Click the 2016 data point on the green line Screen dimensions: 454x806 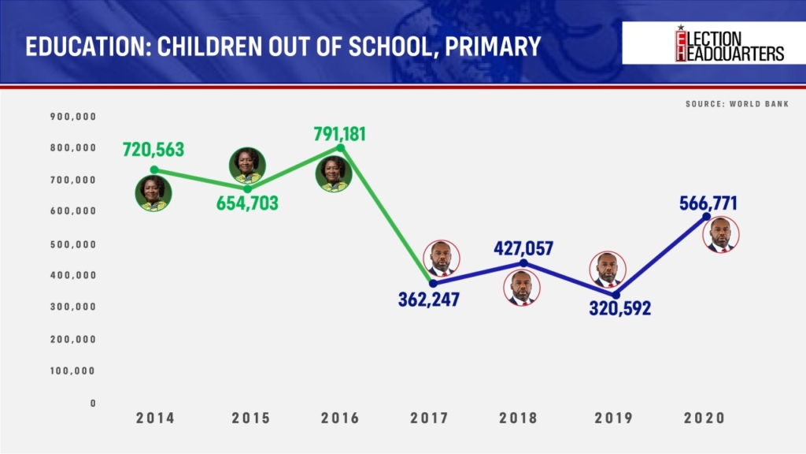click(x=340, y=147)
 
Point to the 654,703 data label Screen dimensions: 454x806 click(x=247, y=203)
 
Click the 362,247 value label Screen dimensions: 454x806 click(x=429, y=300)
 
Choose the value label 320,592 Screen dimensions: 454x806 click(x=620, y=308)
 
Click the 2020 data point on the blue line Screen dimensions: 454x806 click(x=707, y=217)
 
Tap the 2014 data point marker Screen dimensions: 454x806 click(x=154, y=169)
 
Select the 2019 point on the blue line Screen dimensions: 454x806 click(x=616, y=295)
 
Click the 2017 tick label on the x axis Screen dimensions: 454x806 click(x=430, y=418)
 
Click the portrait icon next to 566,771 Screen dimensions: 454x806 click(x=721, y=234)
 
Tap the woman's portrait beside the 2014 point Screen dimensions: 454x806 click(x=153, y=193)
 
